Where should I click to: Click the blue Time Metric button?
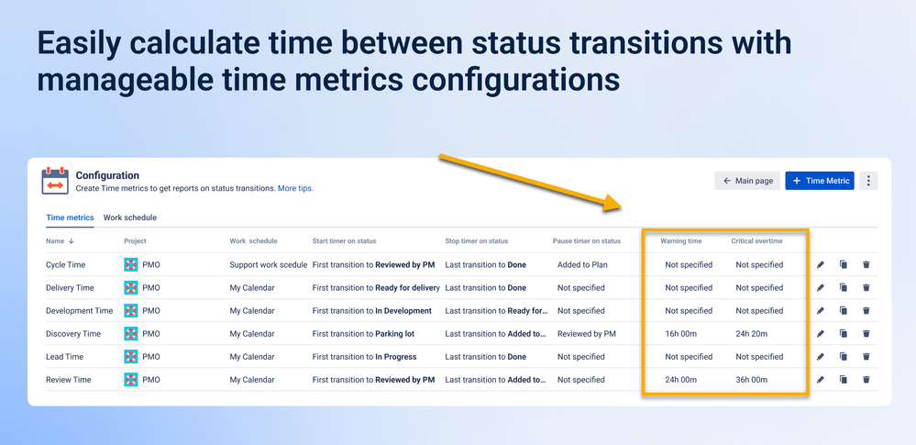tap(820, 181)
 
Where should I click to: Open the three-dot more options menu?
tap(868, 181)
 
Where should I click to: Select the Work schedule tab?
tap(129, 217)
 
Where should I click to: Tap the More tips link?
tap(295, 188)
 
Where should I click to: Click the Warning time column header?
tap(681, 241)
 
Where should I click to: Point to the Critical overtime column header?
tap(756, 241)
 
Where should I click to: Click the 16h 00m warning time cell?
tap(681, 334)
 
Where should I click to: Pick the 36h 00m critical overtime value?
tap(751, 380)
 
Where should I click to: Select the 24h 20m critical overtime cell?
tap(751, 334)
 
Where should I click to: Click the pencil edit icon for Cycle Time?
tap(821, 265)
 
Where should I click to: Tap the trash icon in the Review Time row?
tap(866, 380)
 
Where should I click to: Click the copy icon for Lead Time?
tap(843, 357)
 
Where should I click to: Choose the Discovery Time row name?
tap(73, 334)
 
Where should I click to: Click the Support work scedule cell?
tap(268, 265)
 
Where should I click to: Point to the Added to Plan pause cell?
tap(582, 265)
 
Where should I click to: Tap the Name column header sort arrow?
tap(72, 241)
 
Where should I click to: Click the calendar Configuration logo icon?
tap(55, 181)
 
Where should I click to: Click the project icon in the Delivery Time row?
tap(131, 288)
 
